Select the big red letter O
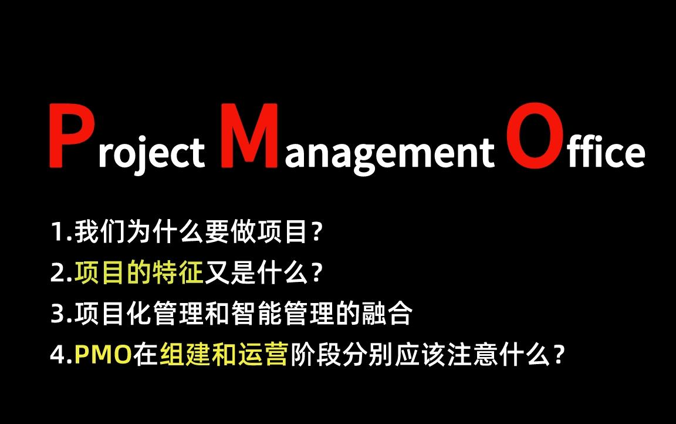[529, 136]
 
